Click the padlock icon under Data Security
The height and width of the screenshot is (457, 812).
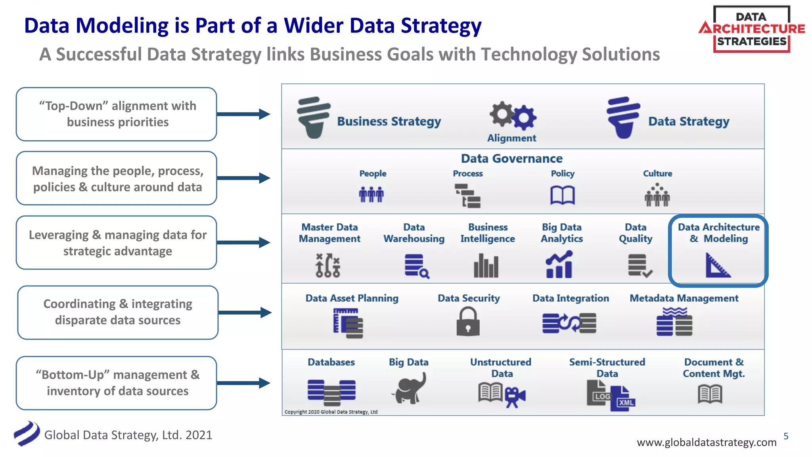click(x=468, y=322)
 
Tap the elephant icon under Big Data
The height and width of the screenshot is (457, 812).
click(x=409, y=388)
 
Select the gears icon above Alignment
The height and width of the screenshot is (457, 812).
click(x=513, y=115)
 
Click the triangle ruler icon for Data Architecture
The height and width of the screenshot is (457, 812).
click(x=717, y=265)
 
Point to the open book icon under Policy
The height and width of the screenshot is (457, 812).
click(x=562, y=195)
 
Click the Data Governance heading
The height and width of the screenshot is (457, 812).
click(x=511, y=159)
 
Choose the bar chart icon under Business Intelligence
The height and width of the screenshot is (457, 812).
click(x=486, y=265)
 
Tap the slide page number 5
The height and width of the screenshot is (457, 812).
click(x=786, y=436)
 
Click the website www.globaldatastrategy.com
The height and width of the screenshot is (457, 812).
click(x=707, y=442)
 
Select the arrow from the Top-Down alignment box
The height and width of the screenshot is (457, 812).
click(x=243, y=114)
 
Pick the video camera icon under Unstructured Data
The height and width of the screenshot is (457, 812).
click(x=515, y=396)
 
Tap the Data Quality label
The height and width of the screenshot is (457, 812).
click(x=636, y=233)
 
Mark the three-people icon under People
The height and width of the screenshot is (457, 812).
click(x=372, y=194)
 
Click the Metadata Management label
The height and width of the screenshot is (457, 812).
click(x=684, y=298)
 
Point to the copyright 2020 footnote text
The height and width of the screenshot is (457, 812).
click(x=331, y=412)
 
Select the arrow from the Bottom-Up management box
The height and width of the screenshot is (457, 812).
click(x=243, y=383)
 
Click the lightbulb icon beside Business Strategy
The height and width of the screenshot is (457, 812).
click(x=313, y=117)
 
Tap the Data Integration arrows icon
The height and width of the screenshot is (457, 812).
click(x=569, y=323)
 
